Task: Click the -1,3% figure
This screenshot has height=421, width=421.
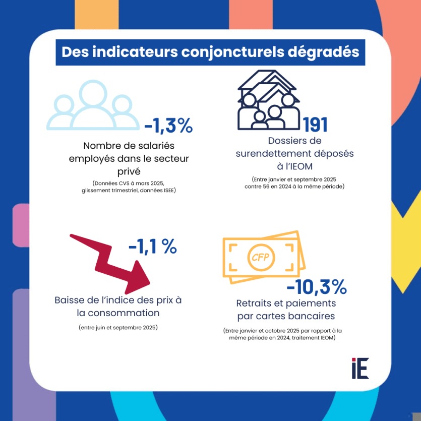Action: tap(168, 126)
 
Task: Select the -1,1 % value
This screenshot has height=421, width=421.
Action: tap(152, 247)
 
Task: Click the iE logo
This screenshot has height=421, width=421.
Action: tap(360, 368)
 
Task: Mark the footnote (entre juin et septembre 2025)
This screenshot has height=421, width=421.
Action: tap(118, 328)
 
